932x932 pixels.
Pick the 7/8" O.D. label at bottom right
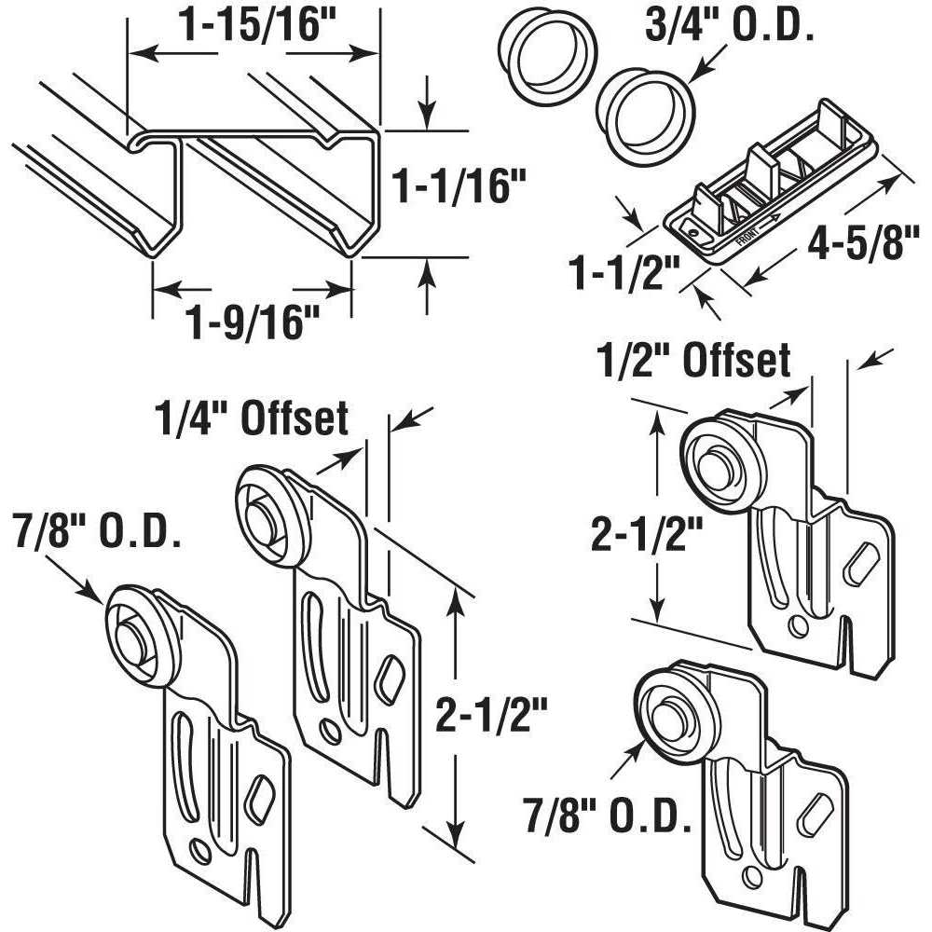pos(609,818)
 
